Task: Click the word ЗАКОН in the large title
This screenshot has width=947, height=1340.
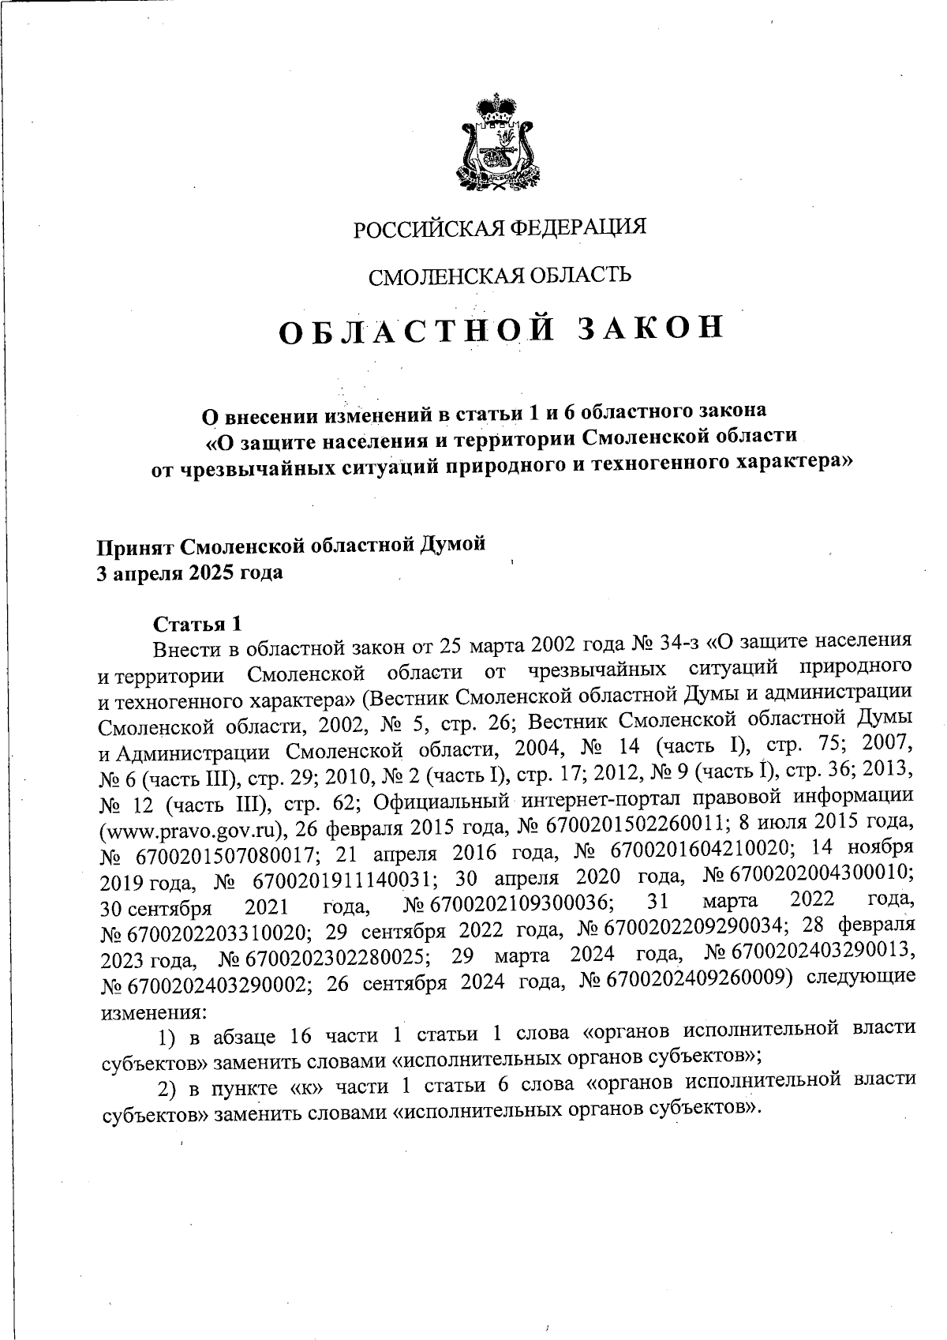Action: [x=649, y=329]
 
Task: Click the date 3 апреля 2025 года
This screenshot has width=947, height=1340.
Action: [x=189, y=572]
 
